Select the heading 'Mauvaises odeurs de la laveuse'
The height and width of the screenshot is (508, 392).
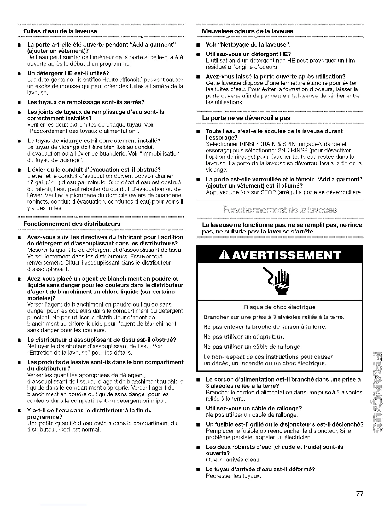[248, 31]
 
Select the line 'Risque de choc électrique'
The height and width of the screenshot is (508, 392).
[280, 307]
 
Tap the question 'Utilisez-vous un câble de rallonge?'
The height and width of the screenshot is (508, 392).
[254, 408]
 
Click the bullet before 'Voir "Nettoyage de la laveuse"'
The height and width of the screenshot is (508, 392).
[198, 45]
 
